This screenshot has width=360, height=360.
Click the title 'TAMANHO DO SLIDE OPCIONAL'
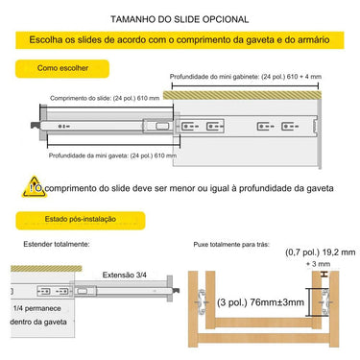pos(180,19)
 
